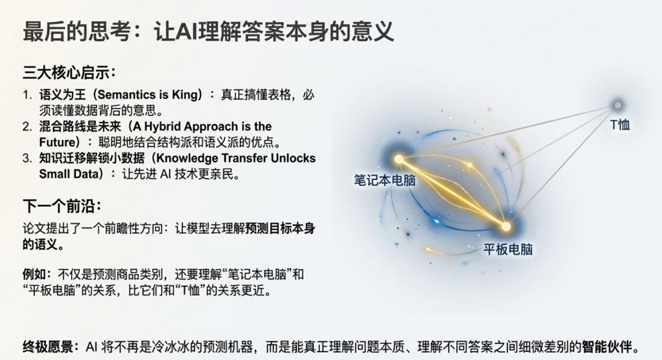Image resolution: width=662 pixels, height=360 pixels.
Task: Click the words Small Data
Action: pyautogui.click(x=69, y=173)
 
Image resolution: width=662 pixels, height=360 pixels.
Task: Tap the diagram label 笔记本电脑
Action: pyautogui.click(x=385, y=180)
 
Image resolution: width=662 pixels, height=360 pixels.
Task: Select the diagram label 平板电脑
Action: pyautogui.click(x=508, y=249)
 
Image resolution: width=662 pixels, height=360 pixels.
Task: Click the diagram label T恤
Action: pyautogui.click(x=620, y=125)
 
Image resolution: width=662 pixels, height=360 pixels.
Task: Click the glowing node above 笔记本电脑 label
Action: pyautogui.click(x=399, y=160)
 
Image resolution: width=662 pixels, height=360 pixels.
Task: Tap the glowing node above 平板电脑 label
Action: pyautogui.click(x=506, y=227)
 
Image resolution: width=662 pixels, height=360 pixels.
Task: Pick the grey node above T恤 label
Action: pyautogui.click(x=617, y=105)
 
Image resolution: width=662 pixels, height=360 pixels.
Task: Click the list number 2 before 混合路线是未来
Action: pyautogui.click(x=27, y=126)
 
